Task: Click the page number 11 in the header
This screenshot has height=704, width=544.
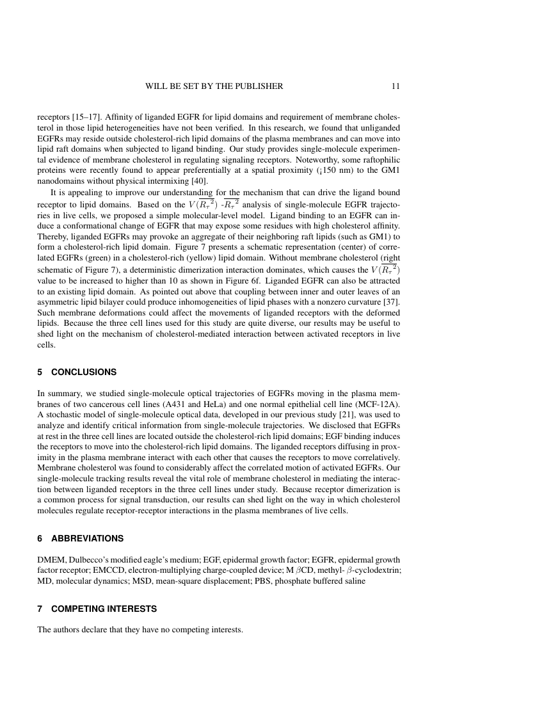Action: (x=396, y=86)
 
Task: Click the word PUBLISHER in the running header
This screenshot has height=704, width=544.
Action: (x=255, y=86)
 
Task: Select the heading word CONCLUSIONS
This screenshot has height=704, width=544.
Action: (x=84, y=372)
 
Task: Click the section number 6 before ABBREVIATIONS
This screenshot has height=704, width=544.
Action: (x=40, y=538)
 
